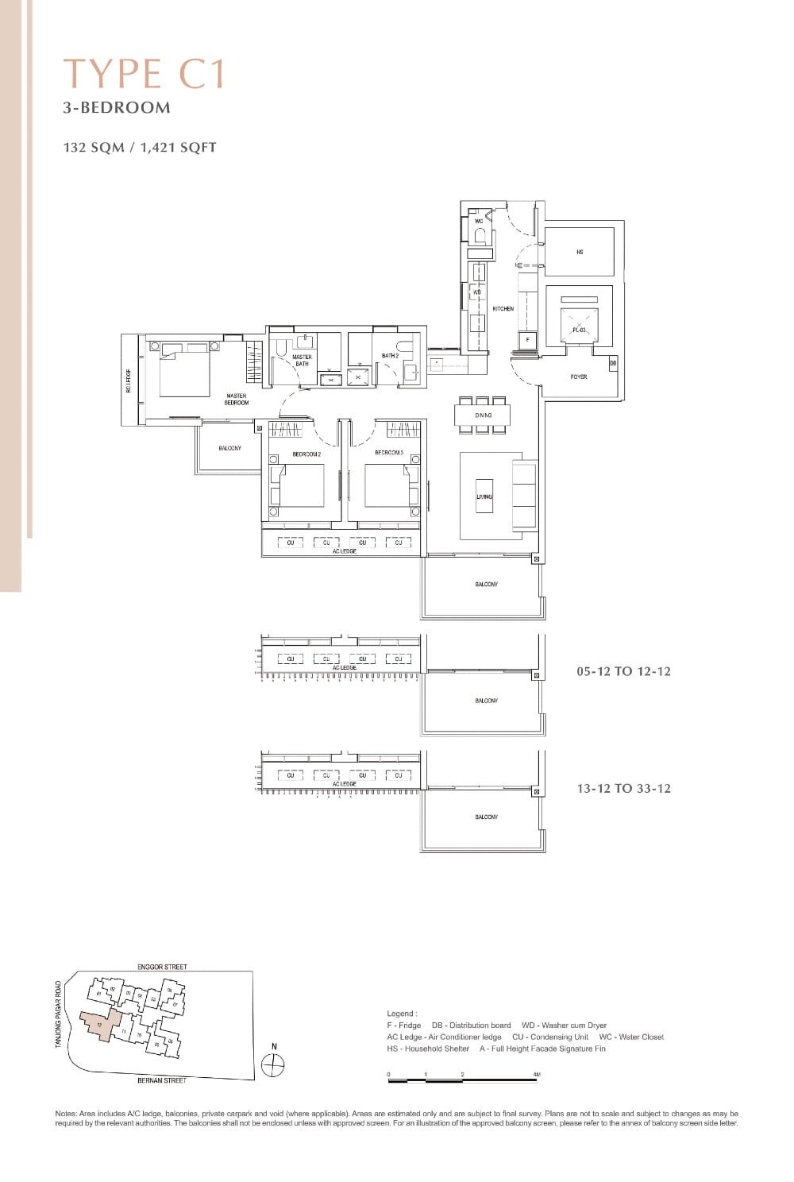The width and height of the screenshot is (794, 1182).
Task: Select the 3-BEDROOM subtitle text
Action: (117, 108)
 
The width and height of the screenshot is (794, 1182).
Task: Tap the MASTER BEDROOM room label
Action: (237, 399)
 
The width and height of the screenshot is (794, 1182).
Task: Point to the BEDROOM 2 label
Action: (306, 454)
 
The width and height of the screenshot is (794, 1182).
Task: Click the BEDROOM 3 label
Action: (389, 453)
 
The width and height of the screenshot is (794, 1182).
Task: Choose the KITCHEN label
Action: (503, 308)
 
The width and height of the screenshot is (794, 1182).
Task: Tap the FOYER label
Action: (579, 377)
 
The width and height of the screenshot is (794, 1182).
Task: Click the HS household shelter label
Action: (580, 252)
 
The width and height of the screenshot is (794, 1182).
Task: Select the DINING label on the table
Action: (484, 415)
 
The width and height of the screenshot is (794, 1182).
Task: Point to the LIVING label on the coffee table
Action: (484, 496)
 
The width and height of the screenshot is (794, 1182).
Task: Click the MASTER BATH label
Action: (302, 361)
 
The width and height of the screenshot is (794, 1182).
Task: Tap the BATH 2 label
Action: (390, 356)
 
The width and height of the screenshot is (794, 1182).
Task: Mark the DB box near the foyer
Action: (613, 363)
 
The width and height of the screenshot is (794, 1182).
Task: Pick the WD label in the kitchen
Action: (477, 292)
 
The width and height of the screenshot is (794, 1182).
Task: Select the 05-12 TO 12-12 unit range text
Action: (623, 671)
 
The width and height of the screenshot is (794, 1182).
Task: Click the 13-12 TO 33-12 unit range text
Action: (623, 788)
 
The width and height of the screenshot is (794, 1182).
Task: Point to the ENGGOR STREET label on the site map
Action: (162, 967)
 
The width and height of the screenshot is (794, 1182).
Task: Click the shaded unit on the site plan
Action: (99, 1024)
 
